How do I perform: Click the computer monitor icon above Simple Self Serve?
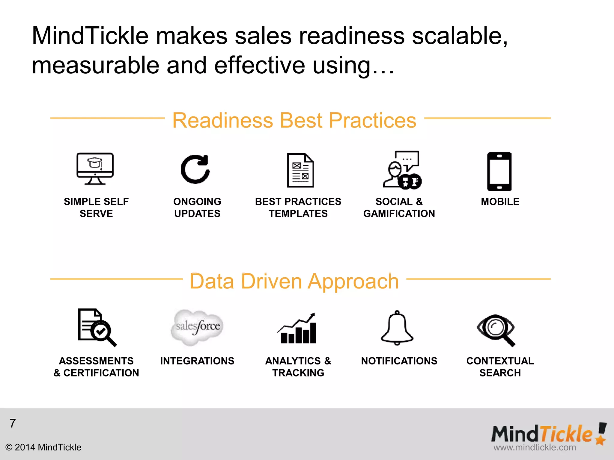click(95, 168)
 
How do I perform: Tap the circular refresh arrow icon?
click(195, 169)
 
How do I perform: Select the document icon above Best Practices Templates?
click(300, 170)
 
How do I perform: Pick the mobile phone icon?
click(499, 171)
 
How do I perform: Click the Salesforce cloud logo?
click(198, 327)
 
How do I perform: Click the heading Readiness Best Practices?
click(294, 120)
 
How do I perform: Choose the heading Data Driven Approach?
click(294, 281)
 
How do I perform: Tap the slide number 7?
click(13, 423)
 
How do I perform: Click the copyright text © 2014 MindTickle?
click(43, 447)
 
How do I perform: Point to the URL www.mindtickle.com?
click(535, 447)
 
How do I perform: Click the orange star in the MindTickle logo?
click(601, 440)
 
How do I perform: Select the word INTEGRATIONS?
click(197, 361)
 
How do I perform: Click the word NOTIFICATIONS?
click(399, 361)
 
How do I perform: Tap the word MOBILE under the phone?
click(500, 202)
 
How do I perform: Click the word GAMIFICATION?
click(399, 214)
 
